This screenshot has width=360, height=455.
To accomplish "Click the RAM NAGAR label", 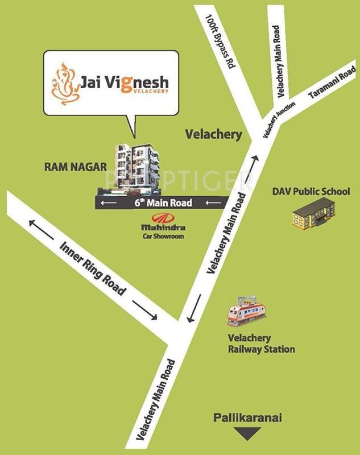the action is [76, 167].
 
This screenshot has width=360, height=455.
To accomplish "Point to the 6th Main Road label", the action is [163, 202].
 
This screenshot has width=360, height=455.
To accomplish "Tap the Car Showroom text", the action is [163, 236].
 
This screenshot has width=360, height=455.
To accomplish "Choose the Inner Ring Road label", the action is [93, 270].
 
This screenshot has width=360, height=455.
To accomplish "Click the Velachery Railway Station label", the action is [260, 344].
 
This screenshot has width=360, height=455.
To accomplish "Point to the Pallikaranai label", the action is [247, 419].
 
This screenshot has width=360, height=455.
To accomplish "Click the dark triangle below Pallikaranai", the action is [247, 435].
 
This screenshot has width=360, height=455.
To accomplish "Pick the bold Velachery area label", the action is [214, 135].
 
